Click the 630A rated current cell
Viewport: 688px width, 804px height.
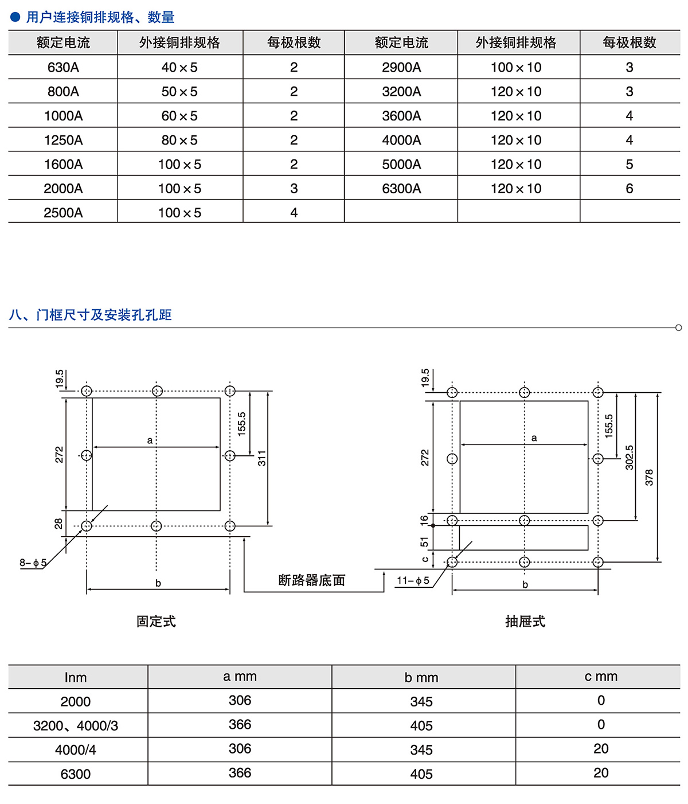click(63, 68)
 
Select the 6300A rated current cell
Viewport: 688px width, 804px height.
click(401, 189)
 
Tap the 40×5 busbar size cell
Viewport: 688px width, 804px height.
click(179, 68)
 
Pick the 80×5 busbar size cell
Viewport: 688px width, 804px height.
click(179, 140)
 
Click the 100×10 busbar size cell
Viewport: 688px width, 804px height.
click(516, 68)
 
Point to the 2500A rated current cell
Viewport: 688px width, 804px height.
click(63, 213)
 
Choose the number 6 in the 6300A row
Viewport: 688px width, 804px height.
click(630, 189)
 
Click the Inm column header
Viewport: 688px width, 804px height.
click(76, 677)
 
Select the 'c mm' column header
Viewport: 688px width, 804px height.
click(601, 677)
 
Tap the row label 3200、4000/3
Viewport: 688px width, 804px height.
click(76, 725)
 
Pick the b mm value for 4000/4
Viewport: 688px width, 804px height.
click(421, 750)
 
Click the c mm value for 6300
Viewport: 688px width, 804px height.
click(601, 773)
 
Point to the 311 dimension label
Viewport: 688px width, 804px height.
click(262, 458)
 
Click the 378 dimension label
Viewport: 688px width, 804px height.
click(649, 478)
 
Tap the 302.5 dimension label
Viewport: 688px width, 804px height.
click(630, 458)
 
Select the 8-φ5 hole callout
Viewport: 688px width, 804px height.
click(33, 563)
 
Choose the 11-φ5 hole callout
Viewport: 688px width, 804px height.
click(413, 581)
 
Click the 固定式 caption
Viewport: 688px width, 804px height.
click(156, 622)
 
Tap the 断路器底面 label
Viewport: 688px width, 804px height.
click(312, 580)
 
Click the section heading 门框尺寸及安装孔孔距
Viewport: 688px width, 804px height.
click(103, 315)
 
